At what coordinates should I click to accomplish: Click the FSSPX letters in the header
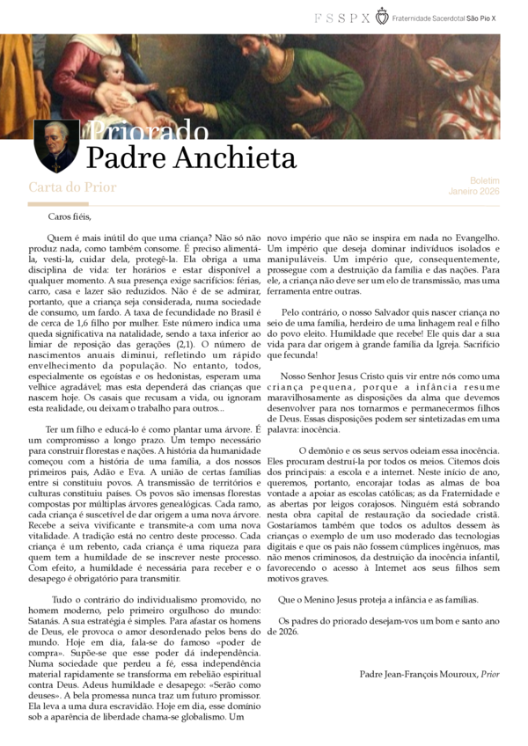341,17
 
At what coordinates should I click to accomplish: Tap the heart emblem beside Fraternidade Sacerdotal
381,16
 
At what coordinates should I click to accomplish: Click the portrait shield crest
56,146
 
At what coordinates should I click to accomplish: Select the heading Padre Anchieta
191,158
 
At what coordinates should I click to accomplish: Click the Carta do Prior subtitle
72,187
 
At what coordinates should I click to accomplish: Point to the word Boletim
484,179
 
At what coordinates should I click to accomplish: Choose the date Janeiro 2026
473,190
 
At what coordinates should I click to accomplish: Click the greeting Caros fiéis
70,216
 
